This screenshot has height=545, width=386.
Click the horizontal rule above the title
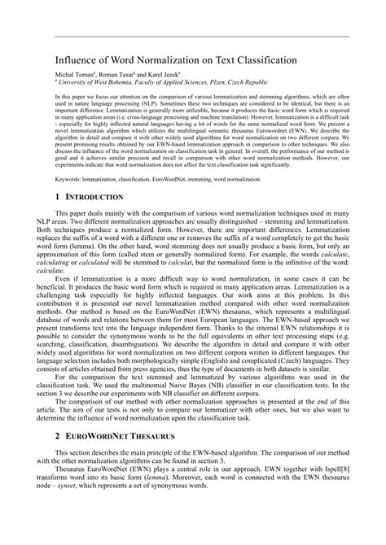pyautogui.click(x=193, y=36)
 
